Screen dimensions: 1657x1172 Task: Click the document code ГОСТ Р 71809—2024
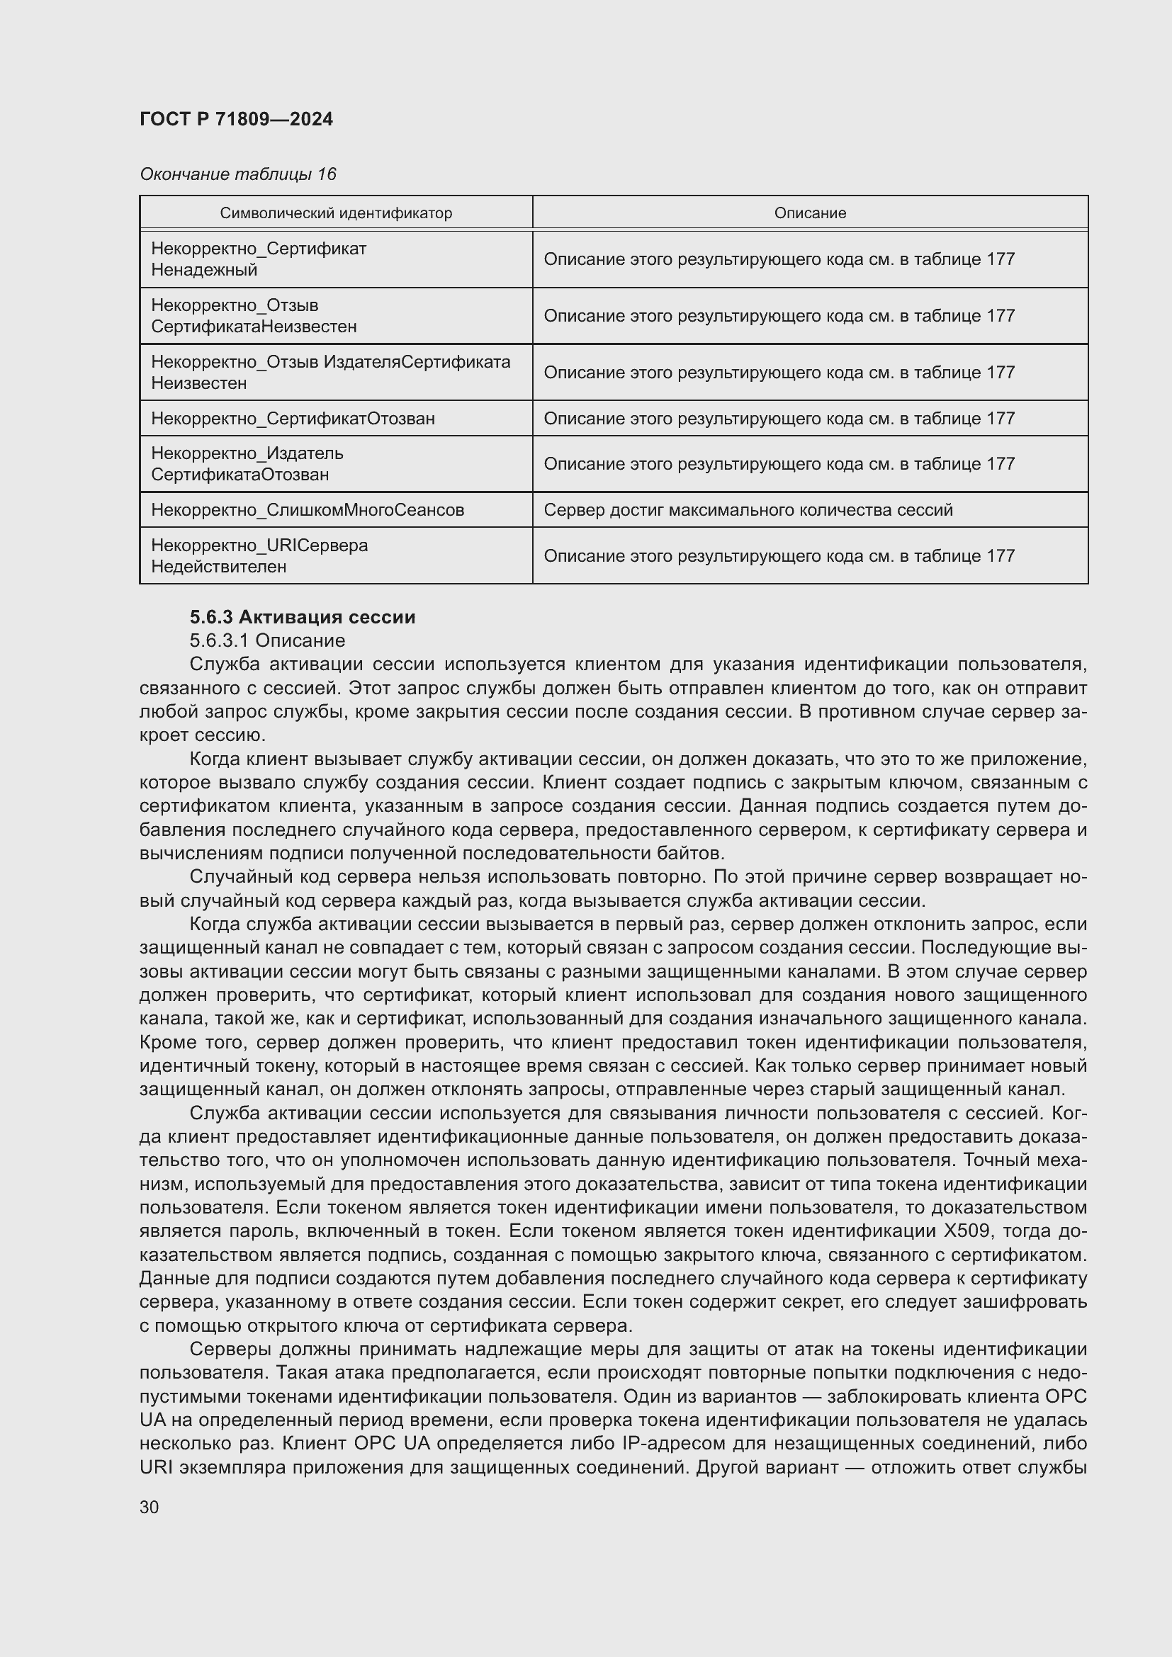tap(236, 119)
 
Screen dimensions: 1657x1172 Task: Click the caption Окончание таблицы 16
tap(237, 174)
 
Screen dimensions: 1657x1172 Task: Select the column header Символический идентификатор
tap(336, 213)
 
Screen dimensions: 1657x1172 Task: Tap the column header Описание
tap(810, 213)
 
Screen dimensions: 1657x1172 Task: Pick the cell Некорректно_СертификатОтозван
tap(293, 419)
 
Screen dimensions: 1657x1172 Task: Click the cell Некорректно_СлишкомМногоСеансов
tap(308, 510)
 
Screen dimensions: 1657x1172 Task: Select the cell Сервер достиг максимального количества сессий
tap(748, 510)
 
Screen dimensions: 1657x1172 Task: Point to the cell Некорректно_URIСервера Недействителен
tap(259, 555)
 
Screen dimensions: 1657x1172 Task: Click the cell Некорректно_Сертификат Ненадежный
tap(259, 259)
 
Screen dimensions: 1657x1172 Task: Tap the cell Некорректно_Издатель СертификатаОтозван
tap(247, 464)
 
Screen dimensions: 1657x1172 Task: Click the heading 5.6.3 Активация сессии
tap(303, 617)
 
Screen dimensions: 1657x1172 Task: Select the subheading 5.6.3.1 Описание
tap(267, 640)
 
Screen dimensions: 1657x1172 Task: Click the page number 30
tap(150, 1507)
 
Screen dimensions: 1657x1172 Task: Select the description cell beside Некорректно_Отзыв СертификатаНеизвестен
tap(779, 316)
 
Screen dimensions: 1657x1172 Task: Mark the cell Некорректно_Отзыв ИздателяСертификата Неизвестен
tap(330, 373)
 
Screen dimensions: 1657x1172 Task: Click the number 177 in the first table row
tap(1000, 259)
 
